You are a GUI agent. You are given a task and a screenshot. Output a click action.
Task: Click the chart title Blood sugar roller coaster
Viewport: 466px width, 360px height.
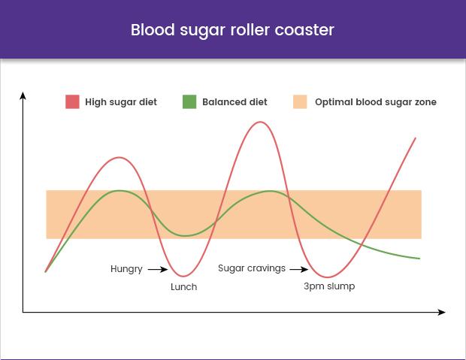coord(232,30)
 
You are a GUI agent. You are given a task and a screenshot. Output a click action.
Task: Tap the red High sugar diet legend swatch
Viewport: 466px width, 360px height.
coord(72,101)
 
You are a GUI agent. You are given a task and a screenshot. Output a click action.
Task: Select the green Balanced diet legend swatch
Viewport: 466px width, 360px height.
coord(189,101)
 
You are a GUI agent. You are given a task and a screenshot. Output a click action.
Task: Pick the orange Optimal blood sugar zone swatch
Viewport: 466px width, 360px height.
coord(300,101)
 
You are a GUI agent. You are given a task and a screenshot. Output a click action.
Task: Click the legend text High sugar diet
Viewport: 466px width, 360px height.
coord(121,102)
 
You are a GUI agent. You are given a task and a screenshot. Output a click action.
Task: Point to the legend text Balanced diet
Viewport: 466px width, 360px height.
coord(235,102)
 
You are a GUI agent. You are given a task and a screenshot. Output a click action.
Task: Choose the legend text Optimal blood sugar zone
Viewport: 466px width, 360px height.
coord(376,102)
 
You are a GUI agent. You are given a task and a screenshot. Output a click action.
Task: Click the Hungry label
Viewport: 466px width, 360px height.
coord(126,269)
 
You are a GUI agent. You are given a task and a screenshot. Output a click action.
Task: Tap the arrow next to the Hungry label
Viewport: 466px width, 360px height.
coord(158,269)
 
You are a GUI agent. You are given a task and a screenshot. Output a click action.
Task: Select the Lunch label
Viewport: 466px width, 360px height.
coord(183,287)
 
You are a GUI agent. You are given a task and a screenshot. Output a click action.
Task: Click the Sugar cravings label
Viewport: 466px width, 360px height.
coord(252,268)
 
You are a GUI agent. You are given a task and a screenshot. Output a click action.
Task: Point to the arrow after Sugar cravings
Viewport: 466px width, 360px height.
coord(299,269)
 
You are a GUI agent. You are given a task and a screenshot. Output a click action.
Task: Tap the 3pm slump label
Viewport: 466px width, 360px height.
coord(329,286)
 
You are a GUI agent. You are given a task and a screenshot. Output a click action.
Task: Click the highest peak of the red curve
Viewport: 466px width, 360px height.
coord(260,122)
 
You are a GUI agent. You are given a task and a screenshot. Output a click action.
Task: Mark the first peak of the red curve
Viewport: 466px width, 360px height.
coord(120,157)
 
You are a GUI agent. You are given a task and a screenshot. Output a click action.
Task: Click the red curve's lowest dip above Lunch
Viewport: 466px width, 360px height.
coord(183,277)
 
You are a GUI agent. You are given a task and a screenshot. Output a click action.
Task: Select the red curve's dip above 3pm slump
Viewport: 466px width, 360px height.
coord(327,277)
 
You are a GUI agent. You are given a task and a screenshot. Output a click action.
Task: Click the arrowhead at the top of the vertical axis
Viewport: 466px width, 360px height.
coord(23,95)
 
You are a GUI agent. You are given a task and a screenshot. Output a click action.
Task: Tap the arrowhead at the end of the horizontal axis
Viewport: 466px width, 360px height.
coord(442,312)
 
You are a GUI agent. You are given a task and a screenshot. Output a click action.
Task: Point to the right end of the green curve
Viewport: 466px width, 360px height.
coord(419,259)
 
